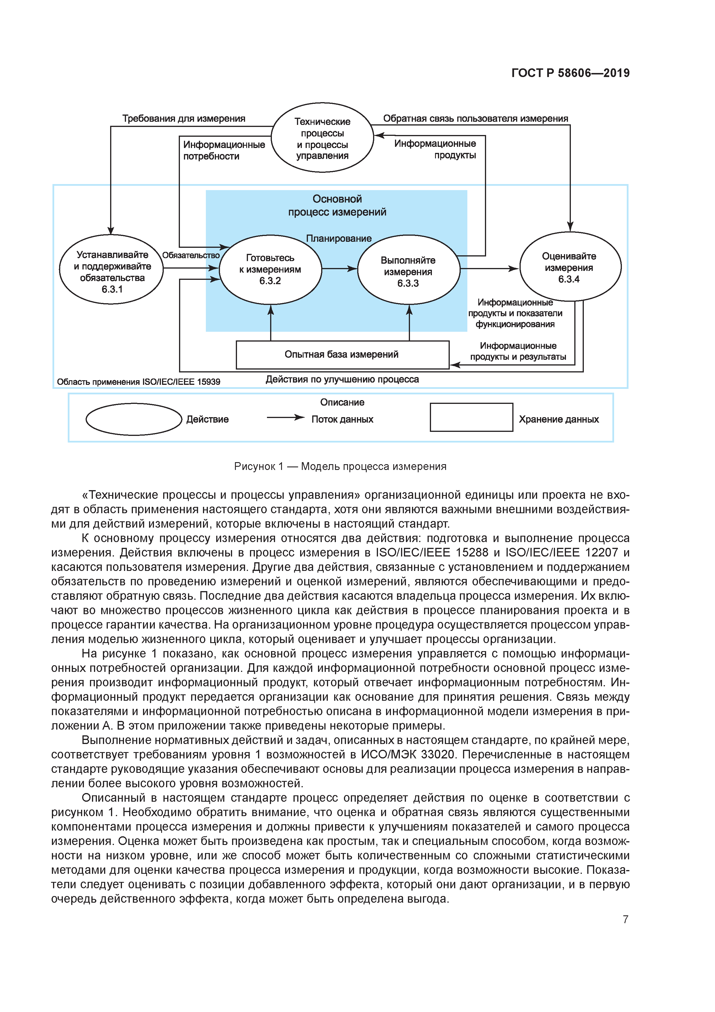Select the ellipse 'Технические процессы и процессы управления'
[x=322, y=138]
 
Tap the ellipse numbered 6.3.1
[x=112, y=270]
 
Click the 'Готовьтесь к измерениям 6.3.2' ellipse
[x=270, y=269]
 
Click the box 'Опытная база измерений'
[x=342, y=354]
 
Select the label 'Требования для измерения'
[x=184, y=119]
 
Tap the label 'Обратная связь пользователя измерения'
[x=475, y=119]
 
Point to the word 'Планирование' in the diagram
[x=339, y=239]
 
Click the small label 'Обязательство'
[x=191, y=255]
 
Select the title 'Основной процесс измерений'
[x=337, y=205]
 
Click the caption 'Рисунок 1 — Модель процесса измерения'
[x=340, y=466]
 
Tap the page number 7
[x=625, y=919]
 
